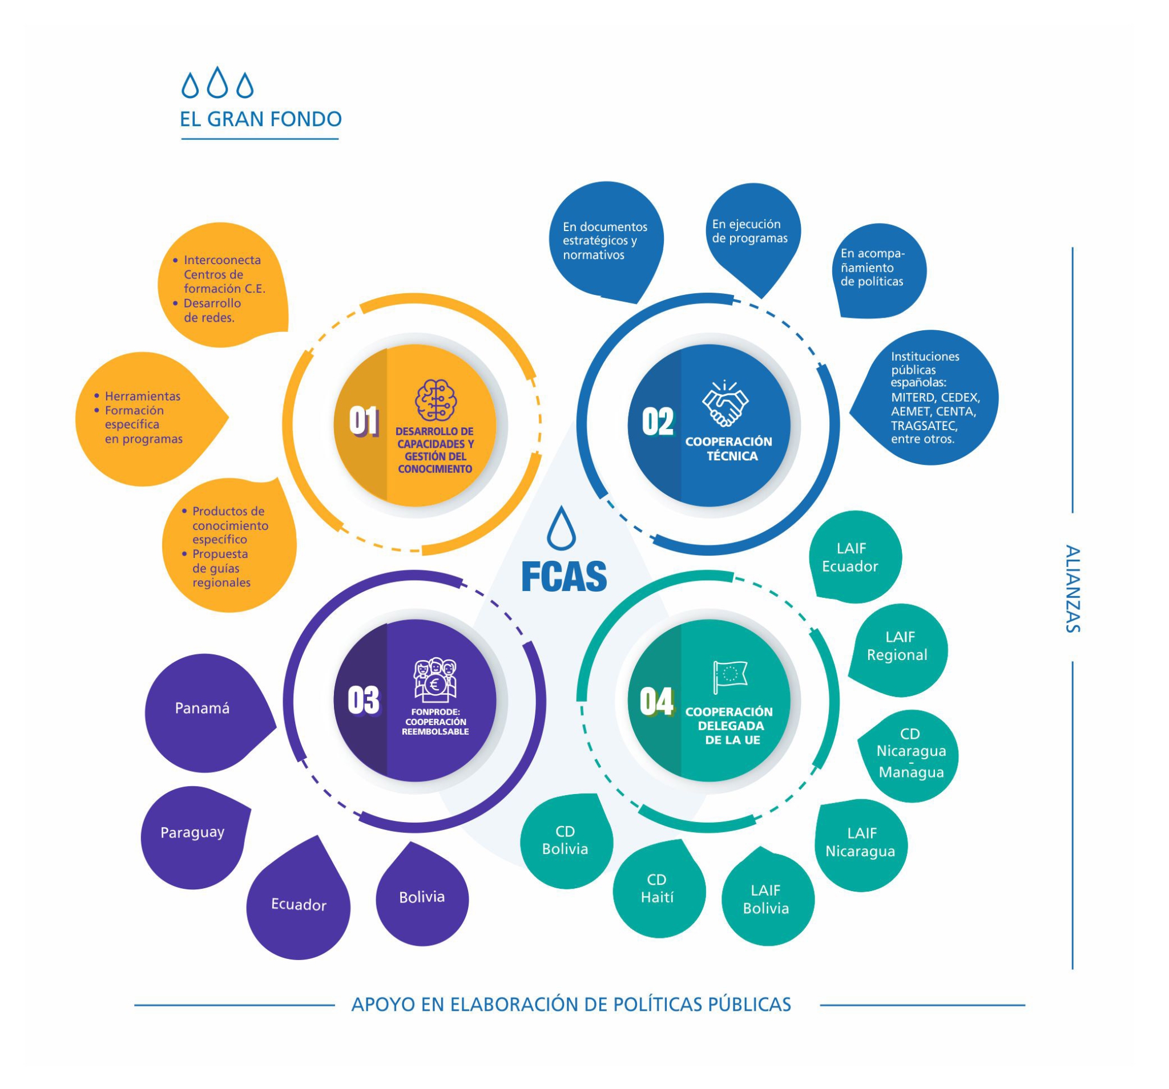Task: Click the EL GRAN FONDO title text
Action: [x=260, y=119]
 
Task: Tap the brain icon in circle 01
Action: [x=435, y=400]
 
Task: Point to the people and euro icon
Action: [x=435, y=679]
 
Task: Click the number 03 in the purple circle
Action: [x=364, y=701]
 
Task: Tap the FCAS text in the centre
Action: [x=564, y=577]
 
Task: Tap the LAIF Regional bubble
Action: [x=898, y=646]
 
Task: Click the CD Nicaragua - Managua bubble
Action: [x=912, y=754]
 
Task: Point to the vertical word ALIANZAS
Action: [x=1072, y=588]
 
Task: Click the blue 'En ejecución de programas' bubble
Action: [x=751, y=232]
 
